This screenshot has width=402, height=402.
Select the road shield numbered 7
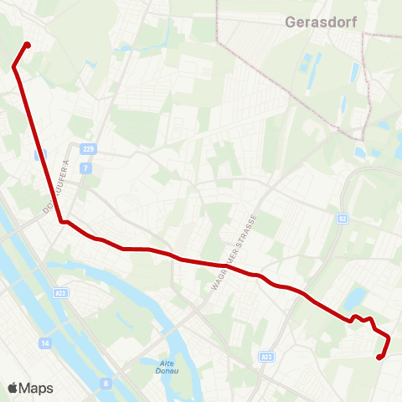[85, 168]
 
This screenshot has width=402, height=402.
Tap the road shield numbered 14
[44, 343]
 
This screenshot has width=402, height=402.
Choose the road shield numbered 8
[106, 384]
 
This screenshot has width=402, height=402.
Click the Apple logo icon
[13, 388]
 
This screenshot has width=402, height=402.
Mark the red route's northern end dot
[28, 45]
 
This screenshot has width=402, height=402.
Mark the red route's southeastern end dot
[379, 358]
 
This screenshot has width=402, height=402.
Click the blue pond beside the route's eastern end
[356, 297]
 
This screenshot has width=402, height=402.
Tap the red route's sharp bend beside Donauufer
[61, 222]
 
